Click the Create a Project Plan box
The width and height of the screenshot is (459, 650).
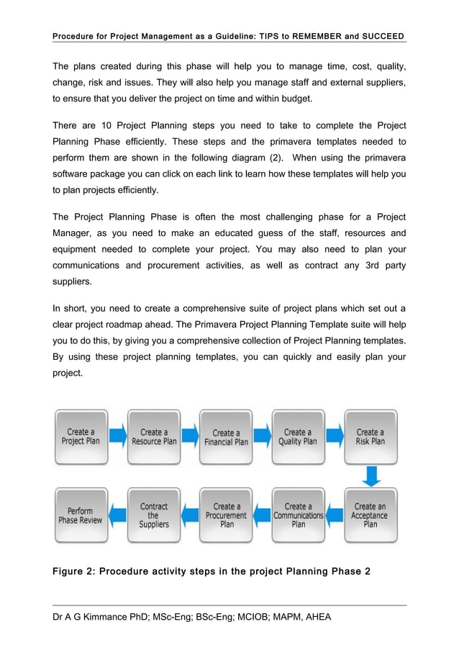click(x=81, y=437)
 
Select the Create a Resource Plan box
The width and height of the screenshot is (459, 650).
click(x=154, y=437)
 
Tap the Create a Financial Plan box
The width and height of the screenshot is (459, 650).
click(x=226, y=437)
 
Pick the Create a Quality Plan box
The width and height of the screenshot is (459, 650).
click(x=298, y=437)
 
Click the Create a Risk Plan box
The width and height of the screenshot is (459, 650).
click(x=371, y=437)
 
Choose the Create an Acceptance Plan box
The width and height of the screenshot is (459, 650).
click(x=371, y=515)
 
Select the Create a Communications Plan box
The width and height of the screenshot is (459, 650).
click(x=298, y=515)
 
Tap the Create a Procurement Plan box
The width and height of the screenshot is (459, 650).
click(x=226, y=515)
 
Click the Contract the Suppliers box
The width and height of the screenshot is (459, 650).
click(x=154, y=515)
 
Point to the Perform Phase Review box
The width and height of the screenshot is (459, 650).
click(x=81, y=515)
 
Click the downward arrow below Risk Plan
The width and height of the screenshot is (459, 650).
click(x=371, y=476)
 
